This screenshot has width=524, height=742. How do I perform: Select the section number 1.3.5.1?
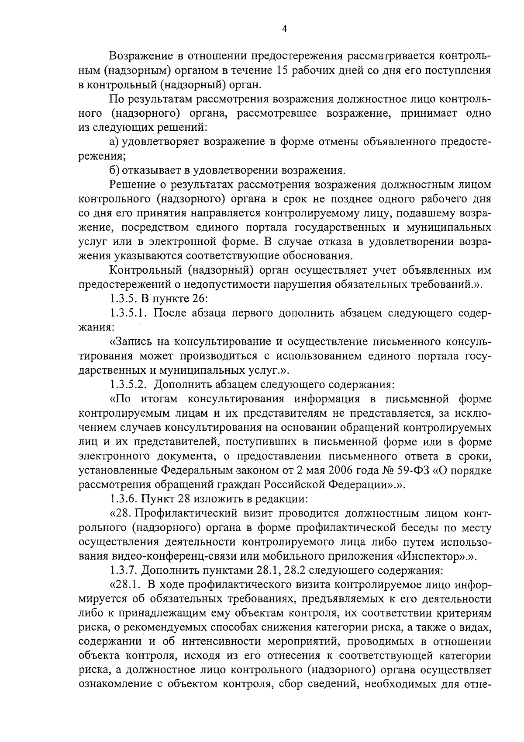[130, 313]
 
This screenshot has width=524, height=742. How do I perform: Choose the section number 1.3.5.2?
[130, 385]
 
